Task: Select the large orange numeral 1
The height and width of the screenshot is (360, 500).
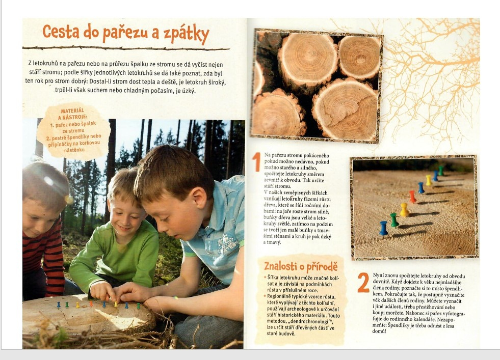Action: click(256, 162)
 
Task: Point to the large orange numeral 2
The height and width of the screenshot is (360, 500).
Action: click(363, 282)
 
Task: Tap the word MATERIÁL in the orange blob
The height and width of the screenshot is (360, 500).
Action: click(72, 111)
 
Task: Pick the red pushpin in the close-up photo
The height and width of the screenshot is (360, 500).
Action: click(412, 196)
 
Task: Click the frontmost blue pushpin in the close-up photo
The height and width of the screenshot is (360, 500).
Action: click(383, 228)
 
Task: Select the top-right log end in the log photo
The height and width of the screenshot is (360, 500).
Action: click(359, 58)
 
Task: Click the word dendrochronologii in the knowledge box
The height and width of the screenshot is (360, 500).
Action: click(307, 321)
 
